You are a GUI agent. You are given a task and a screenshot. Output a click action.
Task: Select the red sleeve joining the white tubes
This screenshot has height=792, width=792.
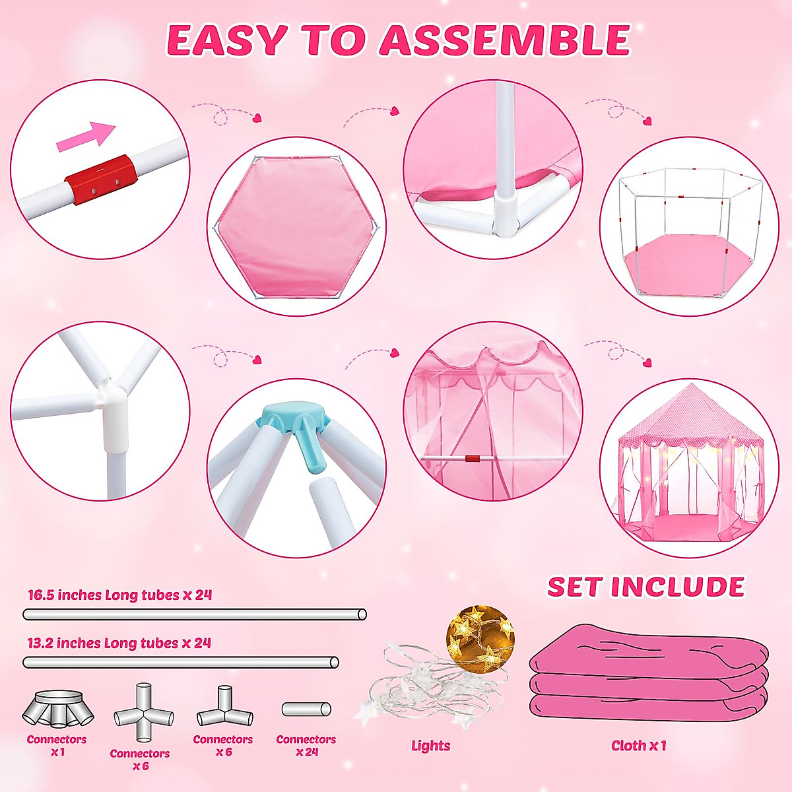101,180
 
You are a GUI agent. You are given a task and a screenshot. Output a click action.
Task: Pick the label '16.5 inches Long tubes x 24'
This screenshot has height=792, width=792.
119,595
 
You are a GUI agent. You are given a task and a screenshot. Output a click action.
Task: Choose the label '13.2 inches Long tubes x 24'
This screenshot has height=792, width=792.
119,643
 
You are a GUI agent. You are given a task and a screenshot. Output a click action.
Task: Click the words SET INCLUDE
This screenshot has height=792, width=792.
645,587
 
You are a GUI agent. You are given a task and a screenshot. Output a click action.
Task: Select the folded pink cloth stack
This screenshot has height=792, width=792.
649,676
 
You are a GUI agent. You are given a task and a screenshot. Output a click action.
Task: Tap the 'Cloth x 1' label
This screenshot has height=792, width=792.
638,746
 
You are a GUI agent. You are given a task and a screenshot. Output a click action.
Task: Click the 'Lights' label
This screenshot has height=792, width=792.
430,746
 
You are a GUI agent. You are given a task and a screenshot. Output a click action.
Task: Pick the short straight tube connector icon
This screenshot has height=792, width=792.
306,709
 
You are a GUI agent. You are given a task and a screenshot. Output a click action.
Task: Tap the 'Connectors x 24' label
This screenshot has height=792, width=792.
306,746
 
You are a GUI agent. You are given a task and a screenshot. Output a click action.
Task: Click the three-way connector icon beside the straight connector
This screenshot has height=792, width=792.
224,709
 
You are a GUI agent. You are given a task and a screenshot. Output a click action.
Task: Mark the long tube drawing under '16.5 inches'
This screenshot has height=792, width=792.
195,614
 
